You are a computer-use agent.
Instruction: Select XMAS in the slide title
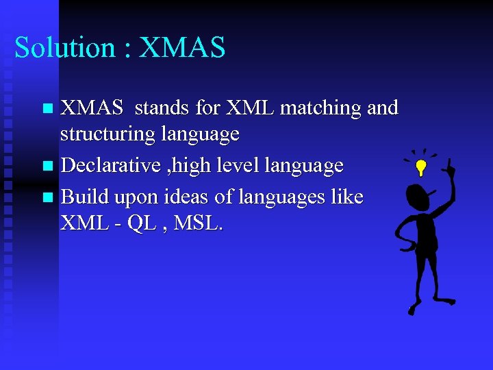(x=181, y=48)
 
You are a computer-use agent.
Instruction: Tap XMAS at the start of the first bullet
(x=92, y=108)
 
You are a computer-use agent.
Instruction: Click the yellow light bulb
(x=422, y=166)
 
